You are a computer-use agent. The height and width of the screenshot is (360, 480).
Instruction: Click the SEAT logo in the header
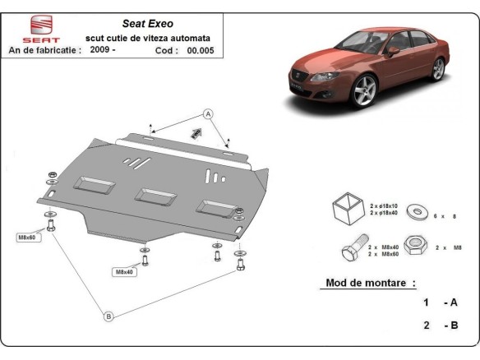(40, 29)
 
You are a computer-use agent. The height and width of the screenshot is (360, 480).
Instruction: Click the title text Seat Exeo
(146, 24)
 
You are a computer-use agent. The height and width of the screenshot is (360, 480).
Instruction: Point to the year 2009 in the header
(100, 50)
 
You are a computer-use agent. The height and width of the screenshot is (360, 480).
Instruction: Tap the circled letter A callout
(208, 113)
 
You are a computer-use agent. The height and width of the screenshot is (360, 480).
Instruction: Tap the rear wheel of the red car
(438, 68)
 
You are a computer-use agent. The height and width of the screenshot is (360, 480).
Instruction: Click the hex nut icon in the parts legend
(417, 246)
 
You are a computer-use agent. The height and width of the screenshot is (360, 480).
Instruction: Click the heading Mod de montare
(366, 284)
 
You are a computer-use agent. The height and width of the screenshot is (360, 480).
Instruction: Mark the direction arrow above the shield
(196, 133)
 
